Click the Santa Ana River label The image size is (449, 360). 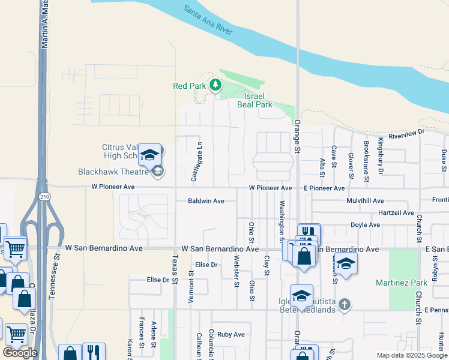208,19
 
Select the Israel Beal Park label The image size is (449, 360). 259,100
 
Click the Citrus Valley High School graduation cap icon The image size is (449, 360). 149,155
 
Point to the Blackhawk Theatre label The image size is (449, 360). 113,172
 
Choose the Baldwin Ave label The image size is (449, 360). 206,201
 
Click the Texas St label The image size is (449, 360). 175,269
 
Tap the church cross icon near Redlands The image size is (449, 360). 344,304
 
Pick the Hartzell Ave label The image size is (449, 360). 396,213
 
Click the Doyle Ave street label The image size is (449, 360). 366,225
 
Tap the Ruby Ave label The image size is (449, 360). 231,334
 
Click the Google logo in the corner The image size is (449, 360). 20,353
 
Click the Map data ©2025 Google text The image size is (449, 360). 411,355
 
